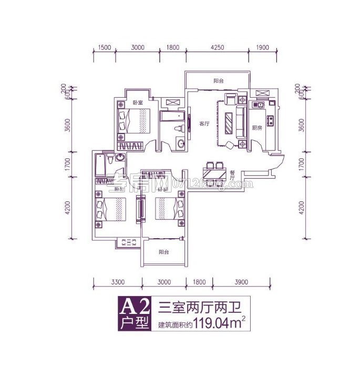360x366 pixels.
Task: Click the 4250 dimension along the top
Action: coord(218,47)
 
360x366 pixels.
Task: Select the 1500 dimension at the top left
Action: coord(105,47)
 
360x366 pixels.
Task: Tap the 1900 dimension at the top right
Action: coord(262,47)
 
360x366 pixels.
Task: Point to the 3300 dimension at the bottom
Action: coord(118,282)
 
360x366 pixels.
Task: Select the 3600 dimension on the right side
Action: coord(302,126)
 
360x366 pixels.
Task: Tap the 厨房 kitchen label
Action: coord(256,128)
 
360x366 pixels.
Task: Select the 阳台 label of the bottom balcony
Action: coord(164,252)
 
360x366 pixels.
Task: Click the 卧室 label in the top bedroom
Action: coord(138,103)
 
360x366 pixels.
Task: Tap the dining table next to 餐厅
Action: coord(214,172)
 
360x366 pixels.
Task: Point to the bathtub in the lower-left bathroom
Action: coord(100,166)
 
